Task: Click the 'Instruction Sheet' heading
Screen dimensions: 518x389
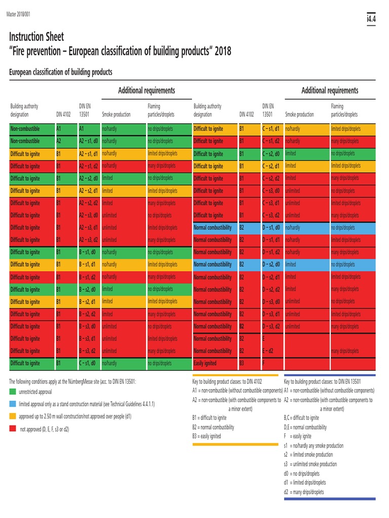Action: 37,37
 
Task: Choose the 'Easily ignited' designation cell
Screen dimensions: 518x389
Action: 205,363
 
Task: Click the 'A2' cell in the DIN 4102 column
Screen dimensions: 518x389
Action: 59,142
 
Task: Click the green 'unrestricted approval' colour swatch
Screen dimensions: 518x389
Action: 13,392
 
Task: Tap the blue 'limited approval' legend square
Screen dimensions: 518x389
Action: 13,404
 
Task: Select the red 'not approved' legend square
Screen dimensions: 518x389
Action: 13,429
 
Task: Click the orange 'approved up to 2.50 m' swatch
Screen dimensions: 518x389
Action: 13,416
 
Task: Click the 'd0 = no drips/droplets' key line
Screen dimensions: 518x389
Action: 302,473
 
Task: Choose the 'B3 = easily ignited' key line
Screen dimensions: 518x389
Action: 207,436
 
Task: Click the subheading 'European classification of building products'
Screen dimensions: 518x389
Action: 61,72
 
